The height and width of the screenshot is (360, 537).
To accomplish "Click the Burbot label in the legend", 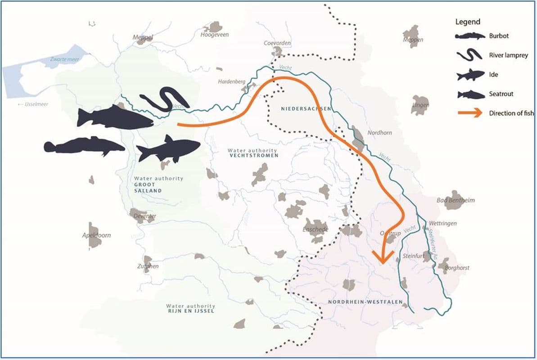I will [x=499, y=36].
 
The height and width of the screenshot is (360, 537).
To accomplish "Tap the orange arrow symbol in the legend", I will [x=470, y=113].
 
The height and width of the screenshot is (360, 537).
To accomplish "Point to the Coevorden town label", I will [x=277, y=43].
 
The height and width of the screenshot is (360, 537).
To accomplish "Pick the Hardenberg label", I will [x=232, y=81].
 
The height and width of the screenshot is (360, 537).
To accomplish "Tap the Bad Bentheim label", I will [x=456, y=200].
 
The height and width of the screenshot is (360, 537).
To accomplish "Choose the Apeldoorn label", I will [x=96, y=235].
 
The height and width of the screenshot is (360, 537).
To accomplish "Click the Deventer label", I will [x=145, y=216].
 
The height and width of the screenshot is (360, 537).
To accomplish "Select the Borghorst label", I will [x=456, y=268].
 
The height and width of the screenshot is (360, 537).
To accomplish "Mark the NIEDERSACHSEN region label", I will [x=306, y=109].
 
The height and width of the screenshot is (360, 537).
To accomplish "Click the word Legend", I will [x=468, y=22].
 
